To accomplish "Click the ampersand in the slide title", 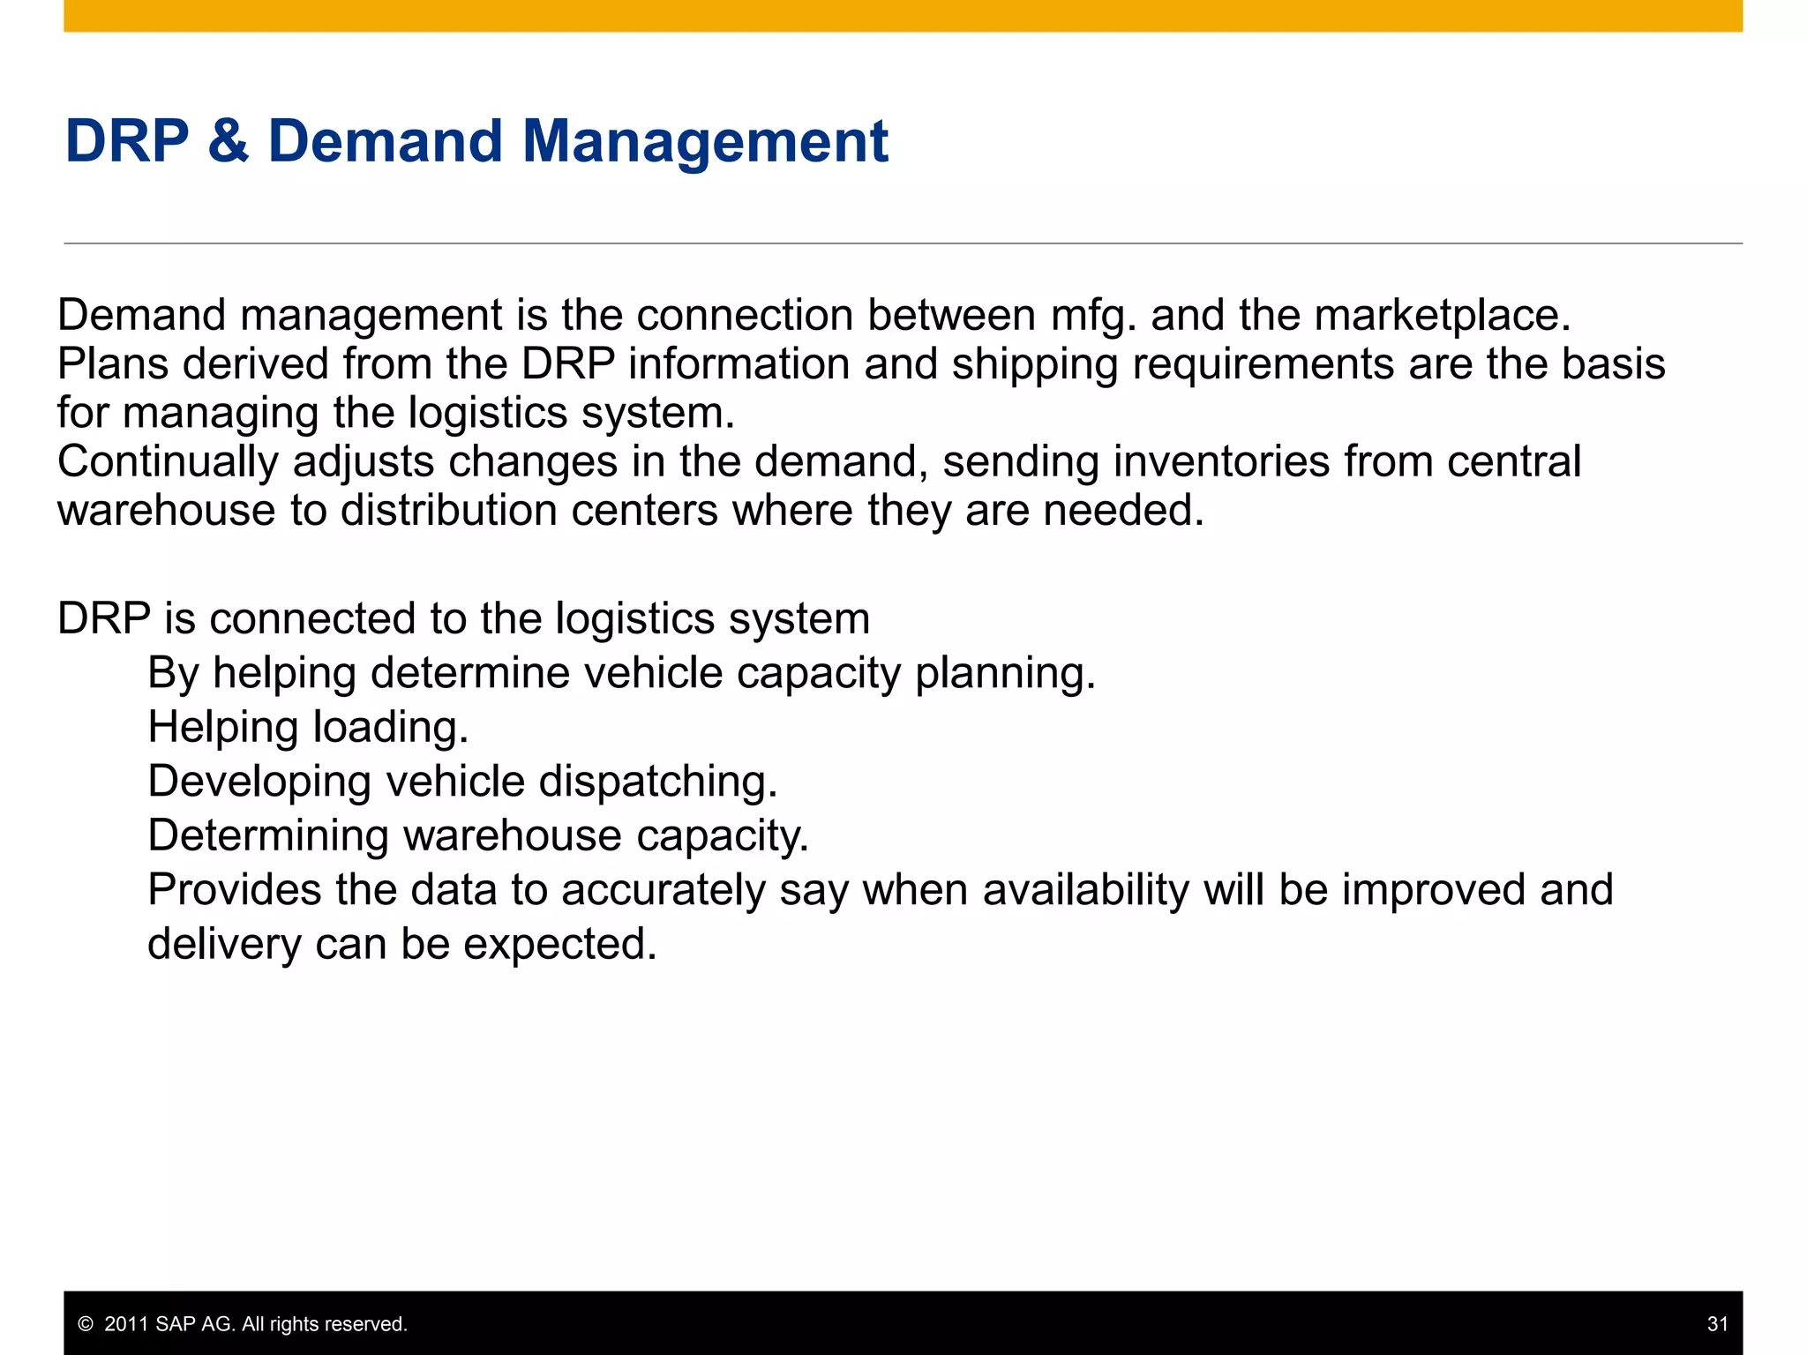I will point(229,141).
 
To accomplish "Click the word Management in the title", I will point(705,141).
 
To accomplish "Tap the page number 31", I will point(1717,1323).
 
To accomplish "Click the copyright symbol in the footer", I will point(86,1324).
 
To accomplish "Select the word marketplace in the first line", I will point(1442,315).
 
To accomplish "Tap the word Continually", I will point(167,462).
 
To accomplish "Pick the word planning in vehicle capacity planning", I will point(1005,674).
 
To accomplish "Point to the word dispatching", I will point(658,782).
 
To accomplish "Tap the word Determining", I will point(267,835).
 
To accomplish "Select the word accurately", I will point(663,890).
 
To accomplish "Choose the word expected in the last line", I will point(559,944).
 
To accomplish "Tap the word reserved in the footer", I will point(370,1324).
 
